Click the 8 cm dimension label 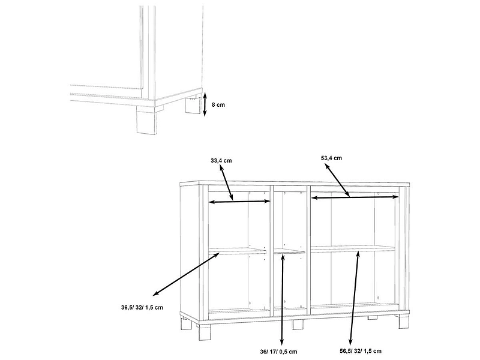(218, 104)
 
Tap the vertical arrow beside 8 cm (205, 104)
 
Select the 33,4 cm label (221, 160)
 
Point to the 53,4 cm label (331, 158)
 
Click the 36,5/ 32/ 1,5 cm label (142, 307)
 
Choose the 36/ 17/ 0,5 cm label (278, 352)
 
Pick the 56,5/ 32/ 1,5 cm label (361, 351)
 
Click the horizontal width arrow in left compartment (239, 202)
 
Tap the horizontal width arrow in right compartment (355, 198)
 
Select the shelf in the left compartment (237, 251)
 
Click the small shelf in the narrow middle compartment (289, 251)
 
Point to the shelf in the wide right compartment (353, 248)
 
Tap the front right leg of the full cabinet (403, 321)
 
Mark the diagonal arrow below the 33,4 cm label (226, 183)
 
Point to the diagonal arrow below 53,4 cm (337, 180)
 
